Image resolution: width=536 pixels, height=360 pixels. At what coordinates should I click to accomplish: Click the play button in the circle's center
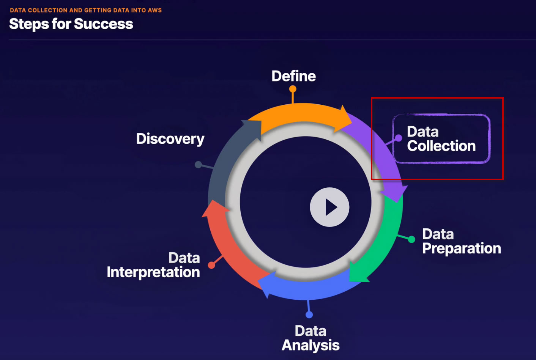pos(329,207)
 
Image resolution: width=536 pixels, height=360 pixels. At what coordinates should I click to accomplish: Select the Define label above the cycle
pos(293,76)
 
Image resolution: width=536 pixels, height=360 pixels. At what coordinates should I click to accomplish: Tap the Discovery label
pos(170,139)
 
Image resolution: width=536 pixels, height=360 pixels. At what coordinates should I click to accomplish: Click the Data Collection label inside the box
pos(441,139)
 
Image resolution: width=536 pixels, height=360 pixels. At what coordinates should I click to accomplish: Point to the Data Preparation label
pos(461,241)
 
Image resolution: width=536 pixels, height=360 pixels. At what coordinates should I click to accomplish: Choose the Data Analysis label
pos(311,338)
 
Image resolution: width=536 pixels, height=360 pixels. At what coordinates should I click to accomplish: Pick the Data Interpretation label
pos(153,265)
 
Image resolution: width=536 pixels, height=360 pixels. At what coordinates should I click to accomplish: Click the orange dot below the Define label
pos(293,89)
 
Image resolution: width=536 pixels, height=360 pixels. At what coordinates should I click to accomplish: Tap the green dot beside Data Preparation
pos(411,239)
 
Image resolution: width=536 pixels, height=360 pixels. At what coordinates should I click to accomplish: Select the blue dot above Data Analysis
pos(309,314)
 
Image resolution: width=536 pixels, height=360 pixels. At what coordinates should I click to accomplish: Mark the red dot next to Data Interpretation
pos(211,265)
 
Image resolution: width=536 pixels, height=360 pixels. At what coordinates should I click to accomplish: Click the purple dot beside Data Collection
pos(398,138)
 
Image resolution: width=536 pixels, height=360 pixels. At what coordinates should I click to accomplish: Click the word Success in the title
pos(104,24)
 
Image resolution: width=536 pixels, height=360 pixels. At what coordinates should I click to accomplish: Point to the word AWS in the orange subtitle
pos(155,10)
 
